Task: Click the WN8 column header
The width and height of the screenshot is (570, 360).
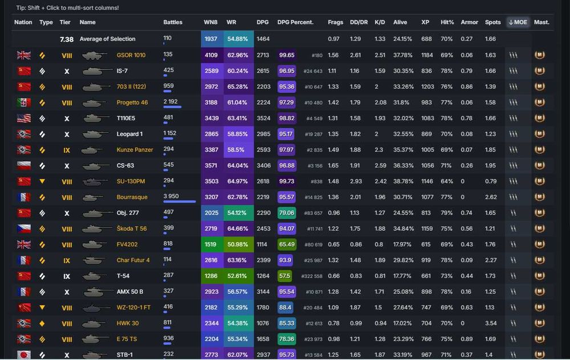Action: [x=210, y=22]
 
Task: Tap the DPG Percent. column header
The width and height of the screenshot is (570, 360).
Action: [x=295, y=22]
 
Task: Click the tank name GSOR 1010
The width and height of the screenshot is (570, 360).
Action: [x=131, y=55]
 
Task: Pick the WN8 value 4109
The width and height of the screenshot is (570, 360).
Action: [x=211, y=55]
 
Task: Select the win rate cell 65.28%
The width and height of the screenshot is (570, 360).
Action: [x=237, y=87]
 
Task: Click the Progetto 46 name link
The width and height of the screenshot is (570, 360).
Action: [x=132, y=103]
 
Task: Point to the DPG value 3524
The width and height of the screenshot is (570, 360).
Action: [x=263, y=118]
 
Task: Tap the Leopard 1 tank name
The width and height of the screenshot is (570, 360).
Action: [x=129, y=134]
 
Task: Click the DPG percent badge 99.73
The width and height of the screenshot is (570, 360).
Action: [x=287, y=181]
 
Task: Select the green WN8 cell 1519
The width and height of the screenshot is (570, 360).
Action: [x=211, y=244]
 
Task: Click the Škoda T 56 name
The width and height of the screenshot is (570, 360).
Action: [x=132, y=228]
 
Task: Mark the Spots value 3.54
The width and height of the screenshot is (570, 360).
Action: [x=490, y=323]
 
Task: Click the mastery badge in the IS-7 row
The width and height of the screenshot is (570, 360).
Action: [x=539, y=71]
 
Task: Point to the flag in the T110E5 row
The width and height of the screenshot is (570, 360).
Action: [x=24, y=118]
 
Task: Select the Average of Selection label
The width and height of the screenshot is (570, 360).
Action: [x=107, y=39]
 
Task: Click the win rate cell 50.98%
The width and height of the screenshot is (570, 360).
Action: [x=237, y=244]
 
